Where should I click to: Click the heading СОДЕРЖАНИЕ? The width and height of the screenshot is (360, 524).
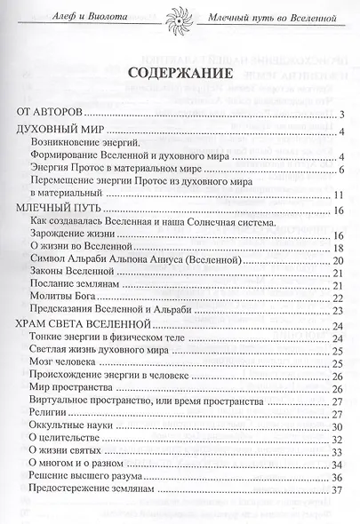click(x=180, y=72)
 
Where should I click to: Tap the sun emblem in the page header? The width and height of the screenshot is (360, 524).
click(x=180, y=19)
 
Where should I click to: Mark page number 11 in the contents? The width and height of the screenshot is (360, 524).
click(x=338, y=195)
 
